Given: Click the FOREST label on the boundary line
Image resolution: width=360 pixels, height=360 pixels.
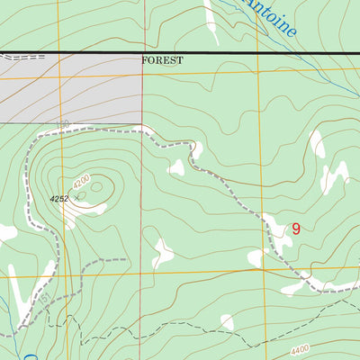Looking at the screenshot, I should pos(162,60).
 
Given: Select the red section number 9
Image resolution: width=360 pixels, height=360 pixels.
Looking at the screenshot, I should pos(295,229).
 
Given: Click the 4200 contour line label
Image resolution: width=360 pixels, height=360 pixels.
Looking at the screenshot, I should pos(82,182).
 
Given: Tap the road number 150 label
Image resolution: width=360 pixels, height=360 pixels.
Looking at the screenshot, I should pos(62,125).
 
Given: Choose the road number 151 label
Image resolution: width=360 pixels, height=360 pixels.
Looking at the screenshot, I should pos(35,297).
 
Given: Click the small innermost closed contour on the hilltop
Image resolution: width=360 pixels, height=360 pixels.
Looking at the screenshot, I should pos(106,189).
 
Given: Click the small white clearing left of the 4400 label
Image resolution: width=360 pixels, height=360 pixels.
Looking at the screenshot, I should pos(227,322).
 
